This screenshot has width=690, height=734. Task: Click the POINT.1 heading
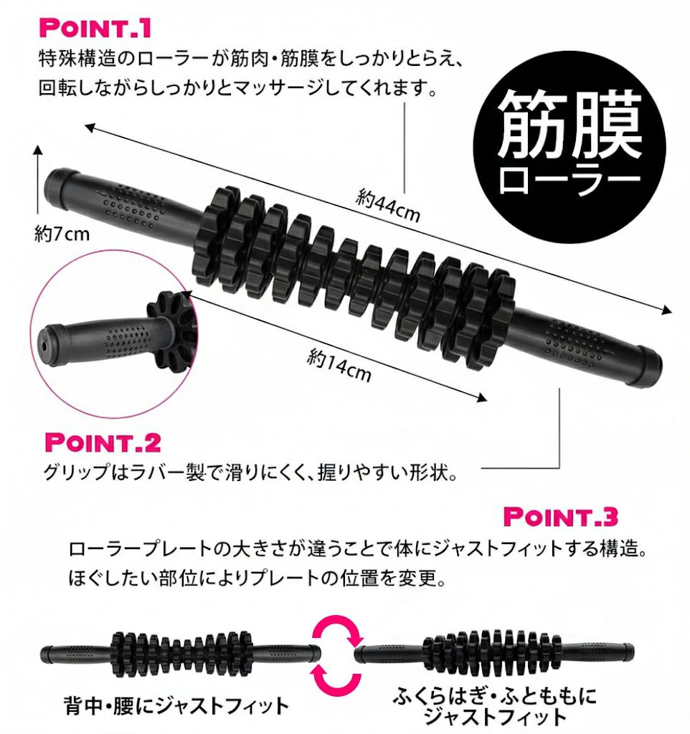(x=95, y=28)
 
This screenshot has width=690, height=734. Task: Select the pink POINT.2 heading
(x=103, y=442)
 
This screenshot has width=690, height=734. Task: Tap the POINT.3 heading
(x=561, y=516)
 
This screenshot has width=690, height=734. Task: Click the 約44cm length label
(x=387, y=205)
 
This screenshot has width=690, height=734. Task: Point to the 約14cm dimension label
(x=339, y=366)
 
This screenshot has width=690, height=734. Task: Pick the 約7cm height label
(x=62, y=234)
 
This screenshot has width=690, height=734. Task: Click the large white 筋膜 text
(x=570, y=123)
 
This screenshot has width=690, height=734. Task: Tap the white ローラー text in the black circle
(x=570, y=179)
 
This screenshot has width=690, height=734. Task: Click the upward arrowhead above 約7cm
(x=38, y=150)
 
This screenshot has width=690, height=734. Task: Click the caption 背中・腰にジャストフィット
(x=176, y=706)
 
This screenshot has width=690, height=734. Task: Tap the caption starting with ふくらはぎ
(x=495, y=706)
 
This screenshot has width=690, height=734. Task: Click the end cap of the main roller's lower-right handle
(x=648, y=367)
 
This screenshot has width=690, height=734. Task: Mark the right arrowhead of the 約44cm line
(x=667, y=310)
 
